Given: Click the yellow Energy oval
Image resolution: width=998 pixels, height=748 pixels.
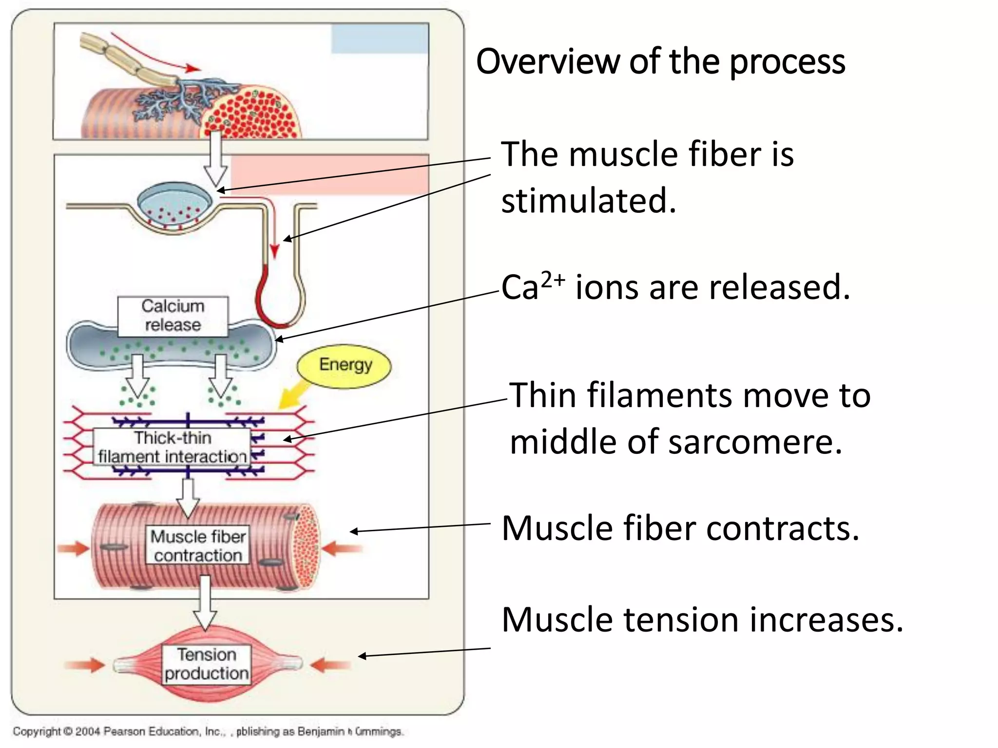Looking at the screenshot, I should (x=344, y=366).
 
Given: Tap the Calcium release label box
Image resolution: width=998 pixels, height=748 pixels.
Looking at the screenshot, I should (x=173, y=316).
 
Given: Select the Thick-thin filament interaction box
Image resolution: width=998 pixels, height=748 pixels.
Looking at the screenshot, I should (x=172, y=447).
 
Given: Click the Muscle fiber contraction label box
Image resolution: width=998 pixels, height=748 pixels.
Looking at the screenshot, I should (x=198, y=545).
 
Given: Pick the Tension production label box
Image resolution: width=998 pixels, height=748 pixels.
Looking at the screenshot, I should (x=206, y=664).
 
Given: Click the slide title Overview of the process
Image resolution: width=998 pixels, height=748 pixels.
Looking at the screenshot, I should (x=660, y=62).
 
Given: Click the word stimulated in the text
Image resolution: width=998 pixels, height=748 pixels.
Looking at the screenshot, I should (x=589, y=201).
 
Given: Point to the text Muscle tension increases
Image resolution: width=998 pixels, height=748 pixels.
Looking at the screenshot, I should (x=702, y=620).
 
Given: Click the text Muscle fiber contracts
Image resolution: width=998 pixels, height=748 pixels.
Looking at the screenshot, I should (x=680, y=528).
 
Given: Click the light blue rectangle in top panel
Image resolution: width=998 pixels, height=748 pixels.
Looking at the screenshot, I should (x=380, y=39).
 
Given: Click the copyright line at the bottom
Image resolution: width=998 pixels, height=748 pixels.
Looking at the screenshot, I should (x=208, y=731).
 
